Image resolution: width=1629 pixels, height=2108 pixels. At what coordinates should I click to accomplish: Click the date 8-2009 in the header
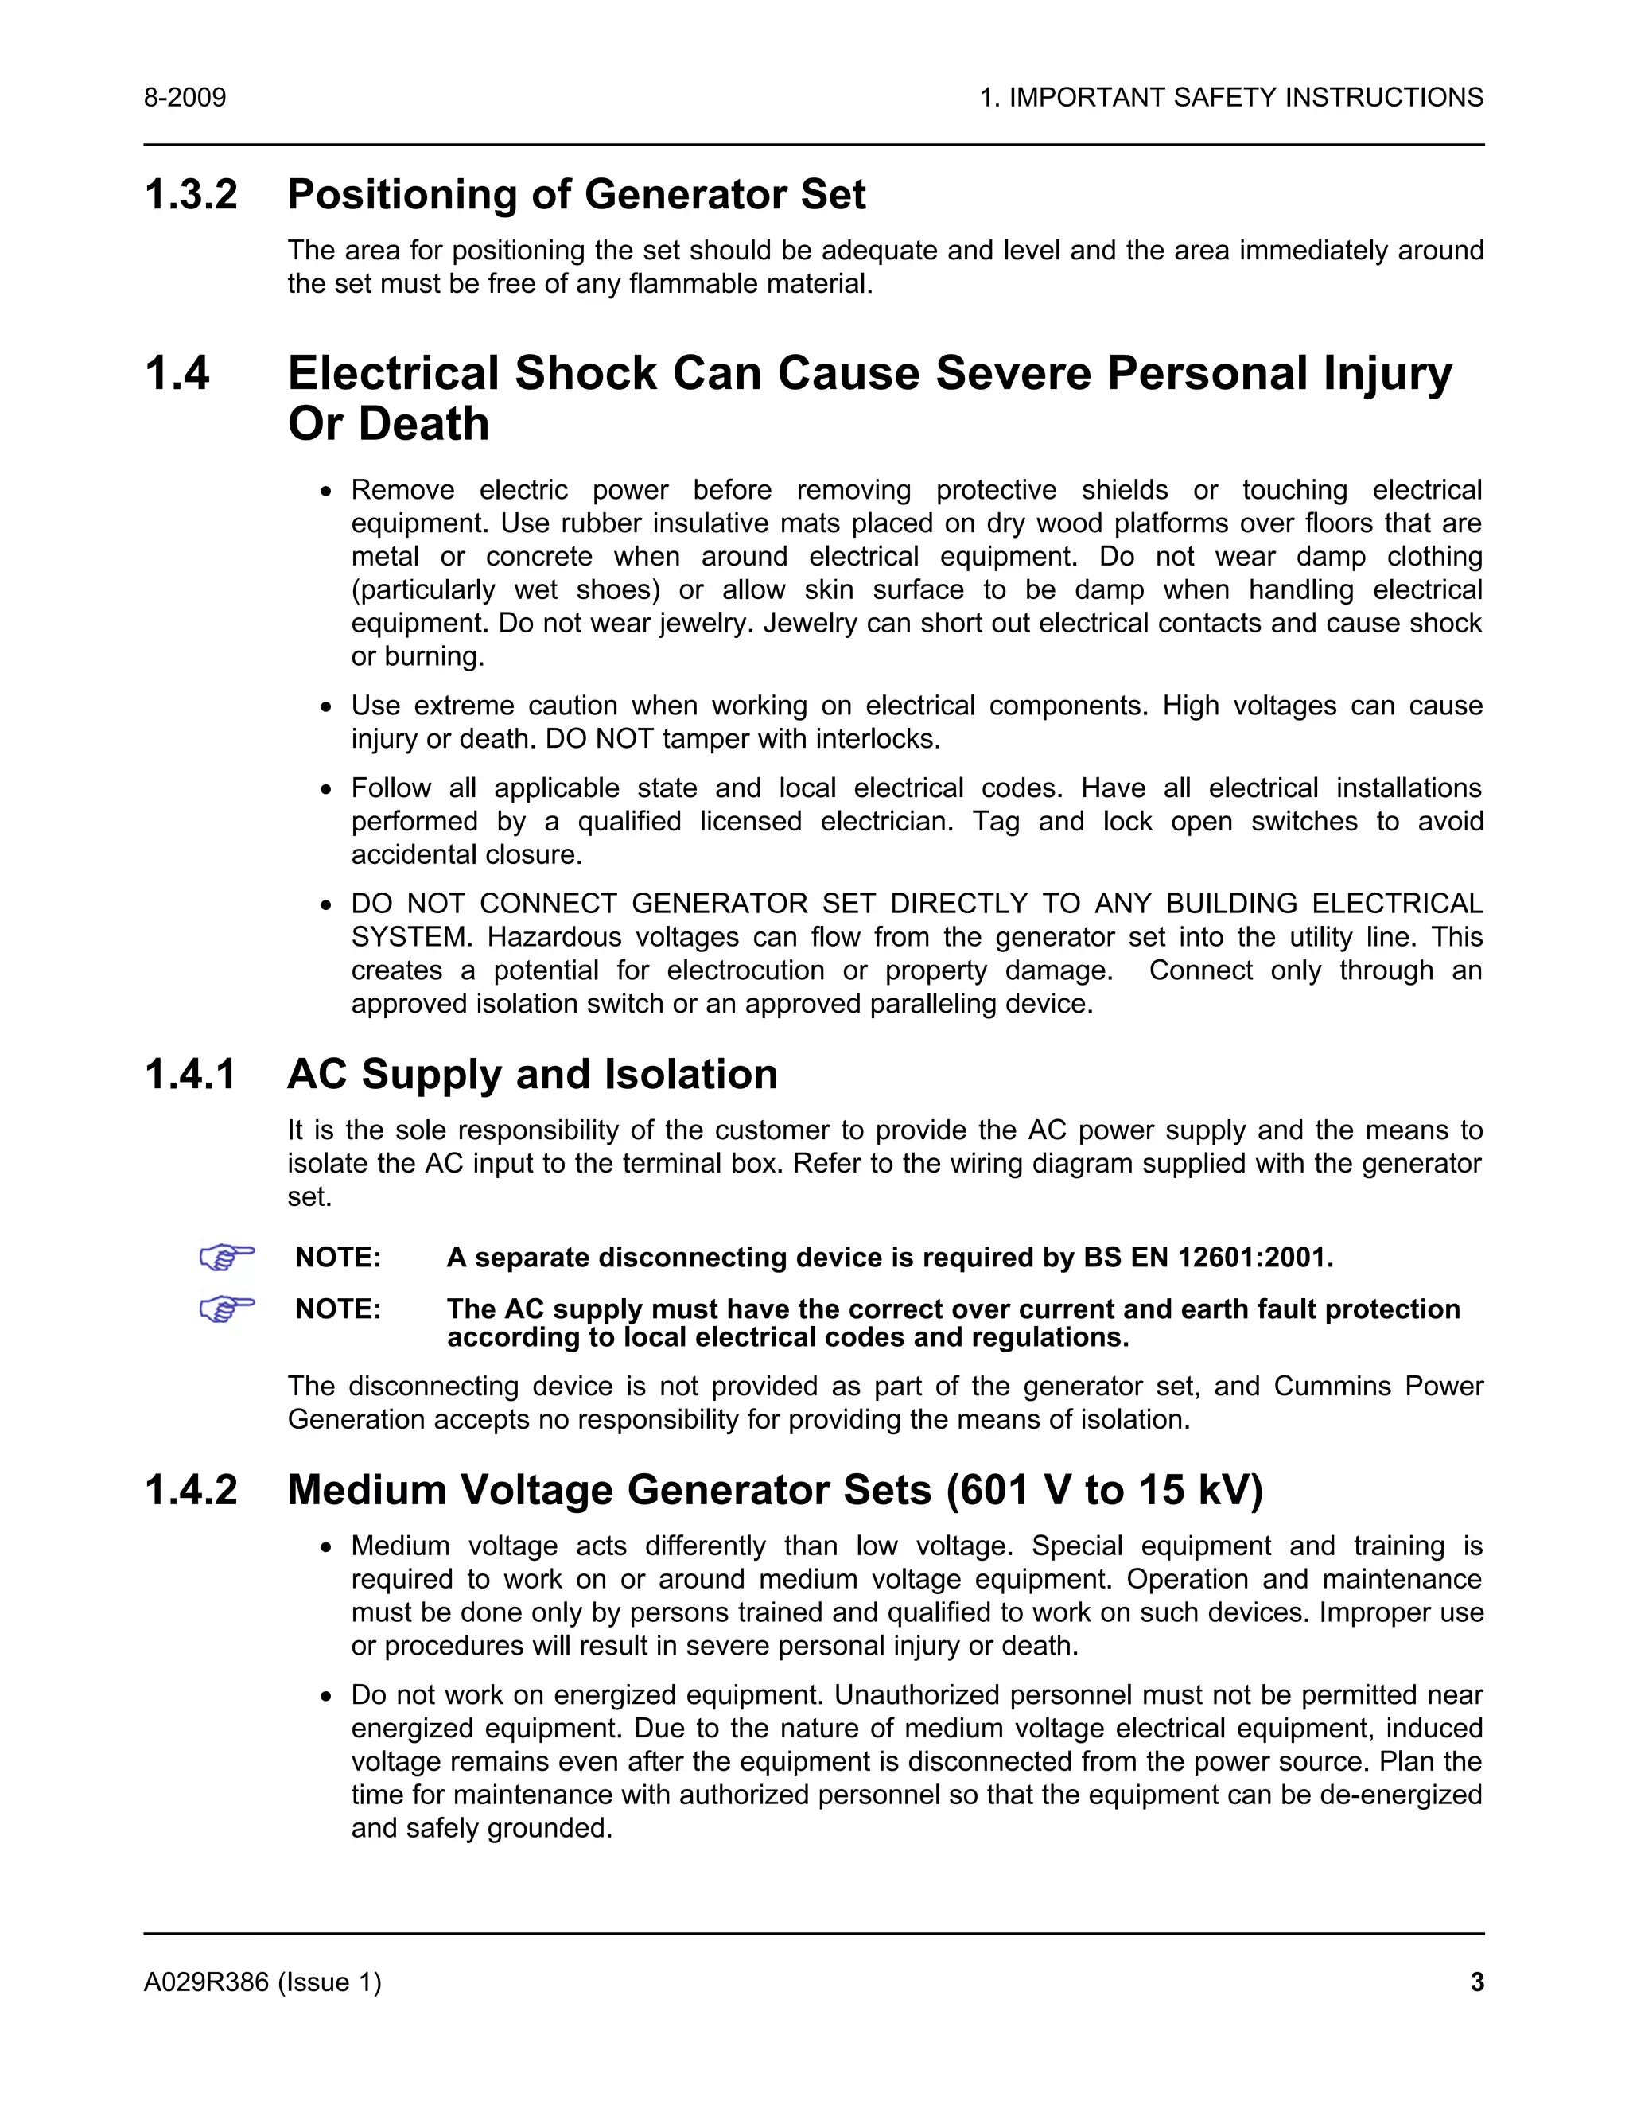click(185, 98)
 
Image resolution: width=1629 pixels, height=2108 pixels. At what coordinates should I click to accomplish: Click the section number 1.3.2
click(190, 195)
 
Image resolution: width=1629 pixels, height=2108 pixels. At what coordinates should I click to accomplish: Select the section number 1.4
click(177, 374)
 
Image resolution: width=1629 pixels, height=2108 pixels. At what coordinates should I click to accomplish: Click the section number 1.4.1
click(190, 1074)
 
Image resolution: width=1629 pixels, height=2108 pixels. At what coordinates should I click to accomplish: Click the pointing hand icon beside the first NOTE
click(226, 1258)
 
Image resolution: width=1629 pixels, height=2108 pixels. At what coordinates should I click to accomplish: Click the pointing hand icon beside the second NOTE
click(226, 1309)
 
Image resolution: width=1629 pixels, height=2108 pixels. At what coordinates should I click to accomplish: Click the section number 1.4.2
click(190, 1489)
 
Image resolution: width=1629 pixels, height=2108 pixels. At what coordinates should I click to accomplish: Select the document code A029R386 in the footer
click(205, 1982)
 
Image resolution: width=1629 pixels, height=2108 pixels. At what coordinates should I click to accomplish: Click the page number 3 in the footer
click(1476, 1982)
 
